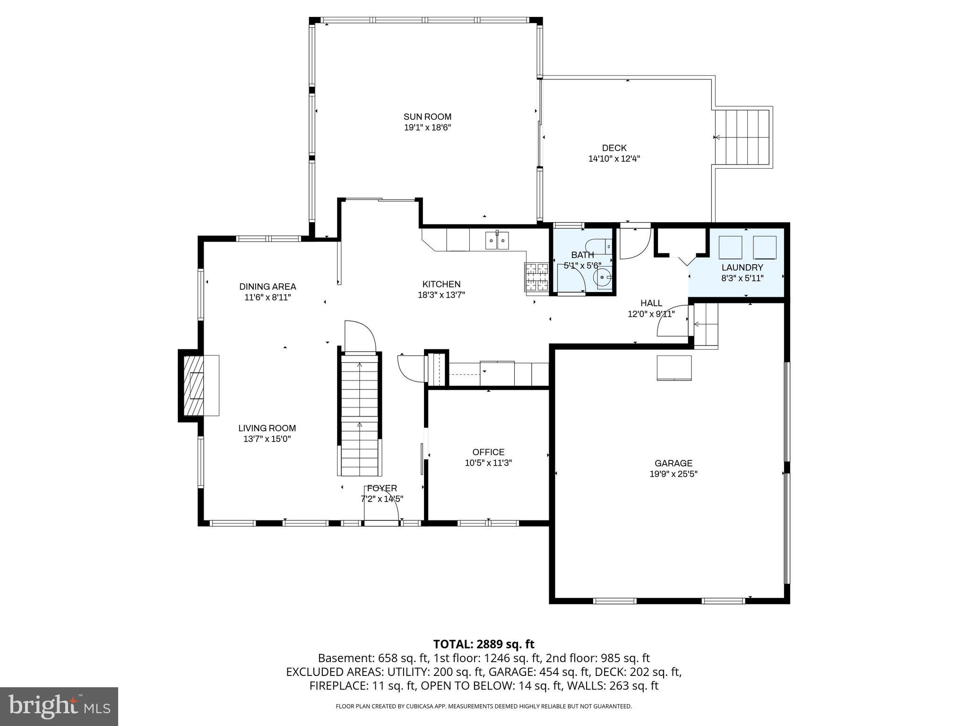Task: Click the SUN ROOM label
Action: (x=427, y=117)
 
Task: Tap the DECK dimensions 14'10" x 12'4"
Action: (x=614, y=159)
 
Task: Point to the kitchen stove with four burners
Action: (x=536, y=277)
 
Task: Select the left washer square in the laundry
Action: (x=730, y=247)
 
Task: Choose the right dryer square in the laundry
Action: (x=764, y=247)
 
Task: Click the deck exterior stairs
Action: (x=742, y=137)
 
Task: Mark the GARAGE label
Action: (x=674, y=463)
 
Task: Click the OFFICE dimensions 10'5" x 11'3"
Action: (x=488, y=463)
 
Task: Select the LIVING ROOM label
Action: (x=267, y=428)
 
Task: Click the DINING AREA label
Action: (x=268, y=286)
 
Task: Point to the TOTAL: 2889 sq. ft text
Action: (x=484, y=644)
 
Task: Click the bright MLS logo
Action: (x=59, y=707)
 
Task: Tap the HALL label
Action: (x=651, y=303)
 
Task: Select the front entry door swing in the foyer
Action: (x=382, y=505)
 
